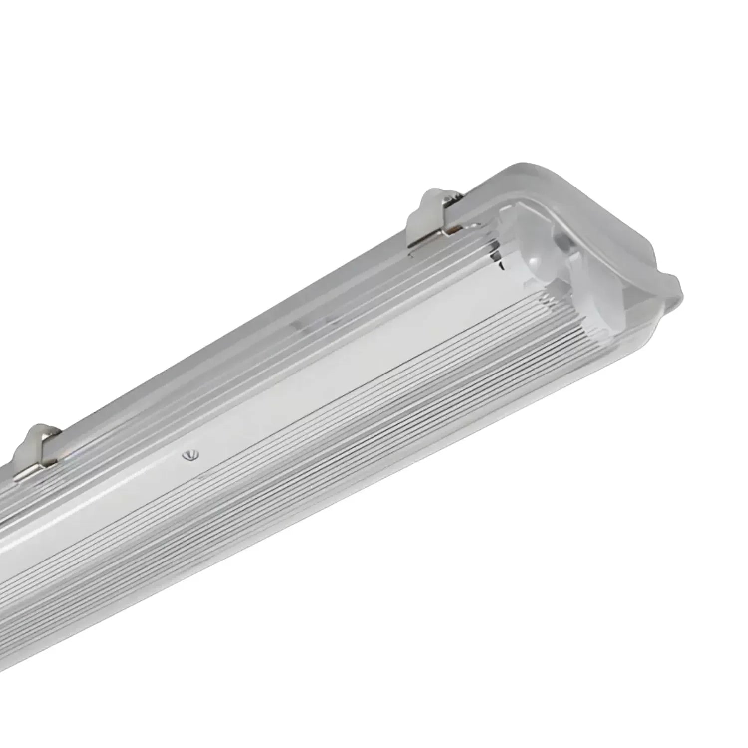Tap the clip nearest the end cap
(435, 219)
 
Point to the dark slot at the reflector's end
(498, 254)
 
